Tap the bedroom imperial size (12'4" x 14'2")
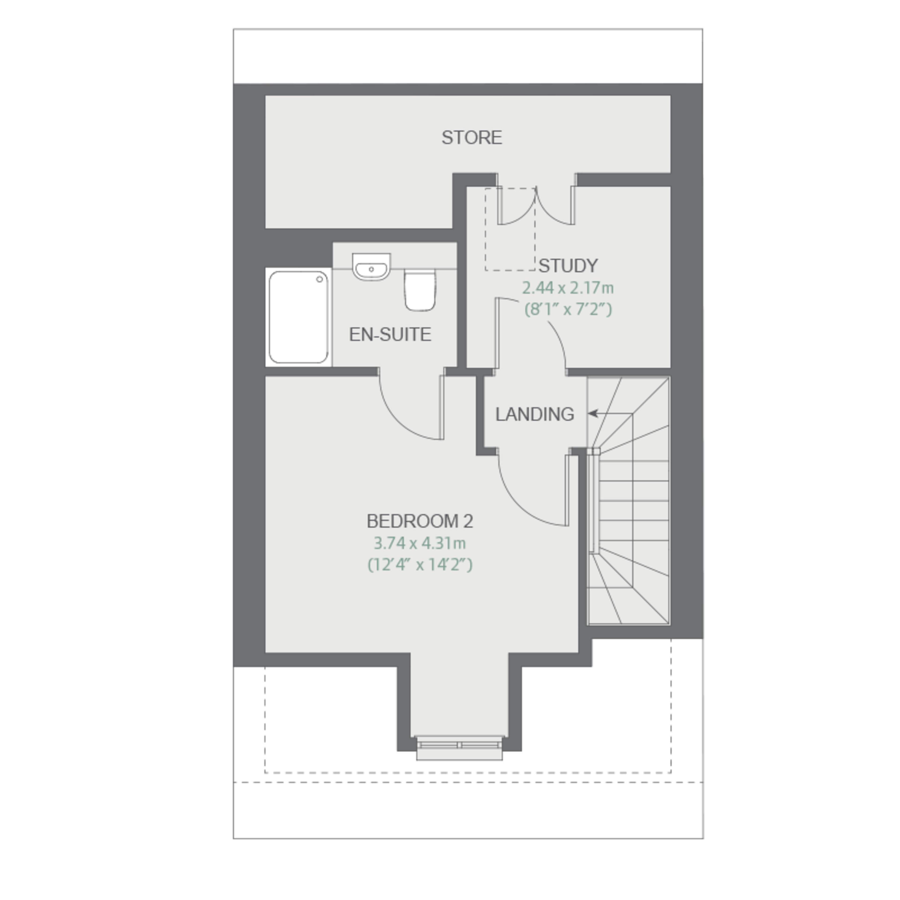click(420, 565)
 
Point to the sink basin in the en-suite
click(371, 267)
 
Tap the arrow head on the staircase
click(592, 413)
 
